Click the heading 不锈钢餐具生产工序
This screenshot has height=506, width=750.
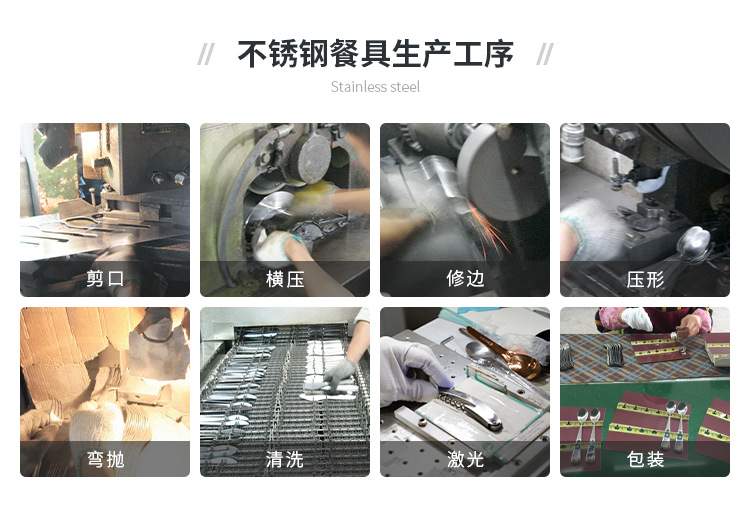pos(375,54)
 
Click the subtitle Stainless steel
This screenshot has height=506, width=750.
pos(375,87)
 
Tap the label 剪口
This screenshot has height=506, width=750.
pos(105,279)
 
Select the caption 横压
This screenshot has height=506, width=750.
pos(285,279)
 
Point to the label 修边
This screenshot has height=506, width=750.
pos(465,279)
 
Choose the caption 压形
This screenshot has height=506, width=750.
pos(645,279)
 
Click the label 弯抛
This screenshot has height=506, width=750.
pos(105,459)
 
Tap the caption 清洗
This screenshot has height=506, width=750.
pos(285,459)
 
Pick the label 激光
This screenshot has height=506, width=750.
pos(465,459)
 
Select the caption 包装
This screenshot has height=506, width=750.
pos(645,459)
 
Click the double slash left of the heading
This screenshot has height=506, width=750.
pos(206,54)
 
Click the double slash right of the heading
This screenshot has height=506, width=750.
pos(545,54)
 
